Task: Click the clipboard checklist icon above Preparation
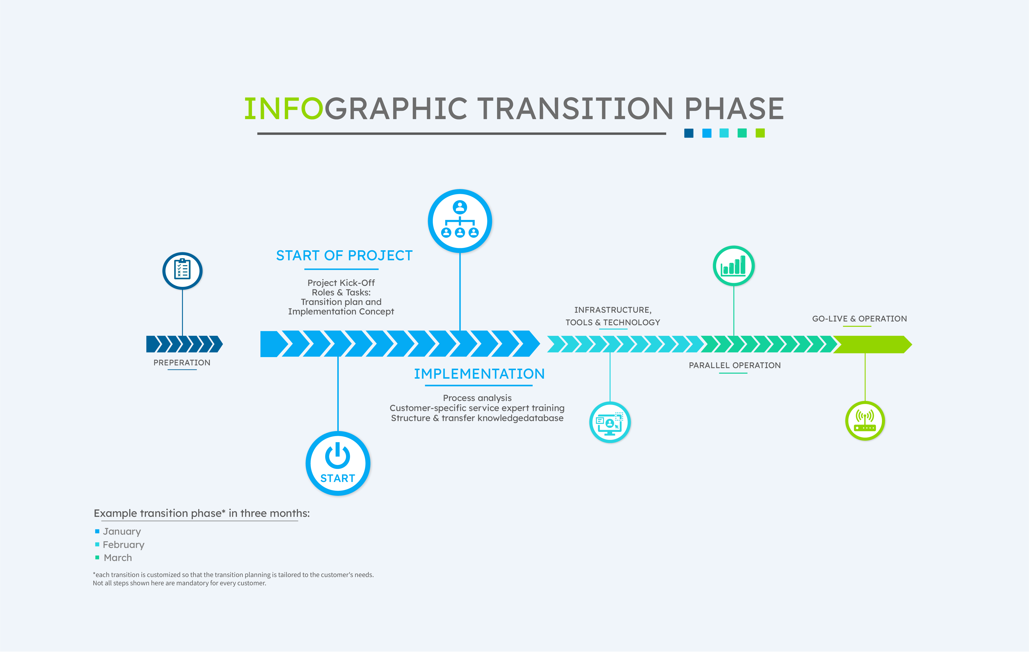click(x=182, y=271)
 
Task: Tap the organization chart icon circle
click(x=460, y=221)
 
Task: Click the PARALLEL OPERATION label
click(x=735, y=365)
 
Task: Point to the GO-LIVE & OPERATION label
click(x=859, y=318)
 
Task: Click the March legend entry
click(x=114, y=558)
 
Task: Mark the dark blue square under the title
click(x=689, y=133)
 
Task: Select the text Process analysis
click(x=477, y=398)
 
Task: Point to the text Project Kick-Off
click(x=341, y=283)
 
